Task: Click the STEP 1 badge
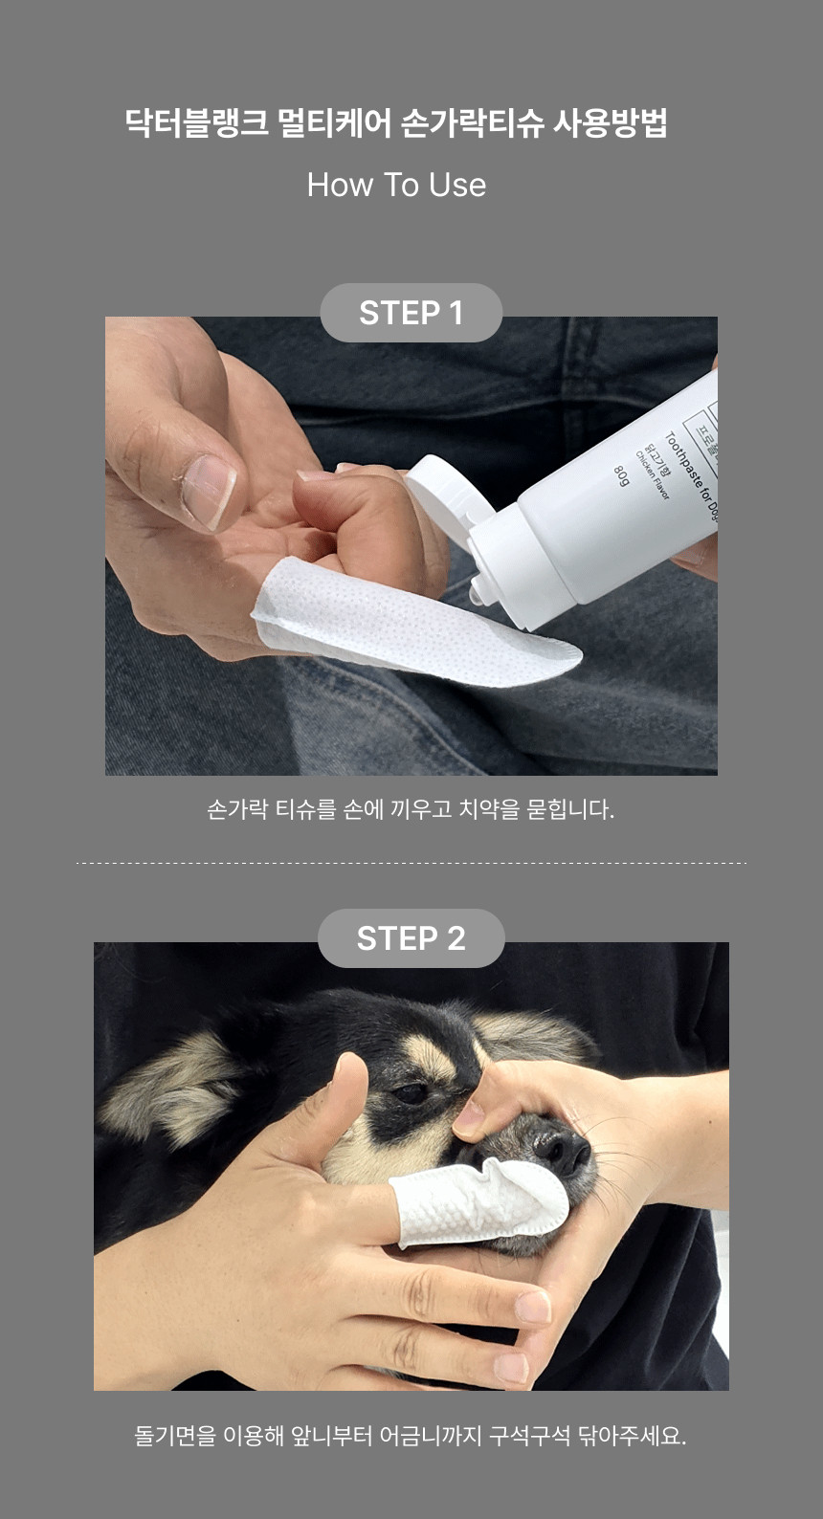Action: click(411, 313)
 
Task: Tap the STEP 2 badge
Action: click(411, 937)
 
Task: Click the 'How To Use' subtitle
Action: click(396, 185)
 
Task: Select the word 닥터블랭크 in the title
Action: click(197, 123)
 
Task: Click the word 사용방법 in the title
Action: click(611, 123)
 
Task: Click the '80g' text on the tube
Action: click(621, 476)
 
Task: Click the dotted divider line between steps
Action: click(411, 863)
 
